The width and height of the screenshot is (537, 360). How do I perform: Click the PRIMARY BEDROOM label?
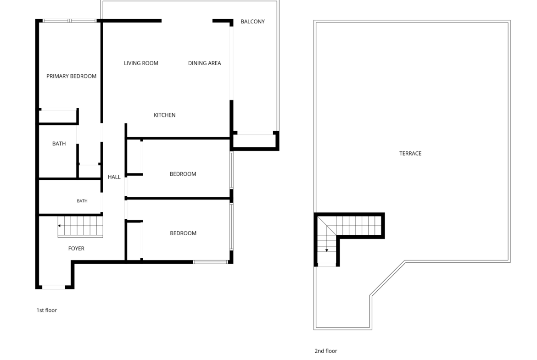coord(71,76)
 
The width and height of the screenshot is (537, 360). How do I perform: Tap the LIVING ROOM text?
coord(141,63)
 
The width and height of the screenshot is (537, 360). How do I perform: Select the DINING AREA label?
coord(204,63)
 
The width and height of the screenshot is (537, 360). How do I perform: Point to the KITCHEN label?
coord(164,115)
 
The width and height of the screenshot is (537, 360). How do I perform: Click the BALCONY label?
coord(253,22)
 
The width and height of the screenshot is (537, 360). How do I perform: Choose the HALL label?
coord(114,177)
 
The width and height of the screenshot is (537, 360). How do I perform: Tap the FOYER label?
coord(76,249)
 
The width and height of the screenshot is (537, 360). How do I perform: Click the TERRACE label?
coord(410,153)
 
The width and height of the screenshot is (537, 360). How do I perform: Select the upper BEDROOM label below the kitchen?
coord(183,174)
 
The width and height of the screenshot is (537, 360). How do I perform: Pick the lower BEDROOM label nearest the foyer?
coord(183,233)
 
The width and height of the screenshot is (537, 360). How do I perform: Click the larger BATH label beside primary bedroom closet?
coord(59,144)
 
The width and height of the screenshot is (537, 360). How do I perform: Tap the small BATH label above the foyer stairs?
coord(82,201)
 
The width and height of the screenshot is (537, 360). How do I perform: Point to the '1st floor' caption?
coord(46,310)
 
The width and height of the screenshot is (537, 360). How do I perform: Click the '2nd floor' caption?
coord(326,351)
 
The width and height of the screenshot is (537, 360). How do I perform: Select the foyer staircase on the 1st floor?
coord(80,227)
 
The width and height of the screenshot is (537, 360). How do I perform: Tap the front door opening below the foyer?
coord(53,287)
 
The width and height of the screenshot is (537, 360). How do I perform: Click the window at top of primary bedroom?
coord(69,21)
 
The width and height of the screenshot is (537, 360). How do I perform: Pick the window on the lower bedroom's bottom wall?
coord(210,262)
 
